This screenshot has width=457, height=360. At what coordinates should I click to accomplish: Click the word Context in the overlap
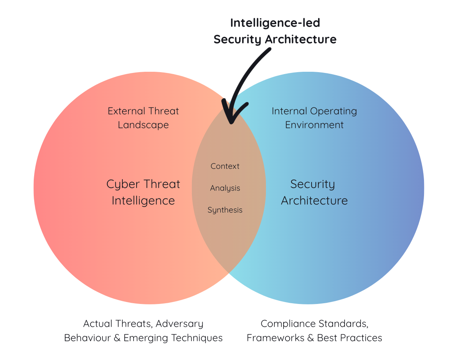225,166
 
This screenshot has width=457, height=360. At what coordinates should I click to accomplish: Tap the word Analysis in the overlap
225,188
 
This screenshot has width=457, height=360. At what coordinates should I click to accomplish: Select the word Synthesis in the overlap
225,210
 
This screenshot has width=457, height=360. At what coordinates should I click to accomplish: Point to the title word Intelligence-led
275,23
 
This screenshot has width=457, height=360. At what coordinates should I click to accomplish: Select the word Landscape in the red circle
143,125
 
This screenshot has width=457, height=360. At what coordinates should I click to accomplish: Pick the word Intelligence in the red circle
143,200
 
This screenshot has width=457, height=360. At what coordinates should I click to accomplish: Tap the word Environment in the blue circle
314,125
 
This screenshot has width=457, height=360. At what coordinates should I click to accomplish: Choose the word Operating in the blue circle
334,112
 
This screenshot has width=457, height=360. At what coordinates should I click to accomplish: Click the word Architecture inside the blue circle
314,200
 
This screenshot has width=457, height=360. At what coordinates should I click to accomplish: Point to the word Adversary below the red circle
179,324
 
